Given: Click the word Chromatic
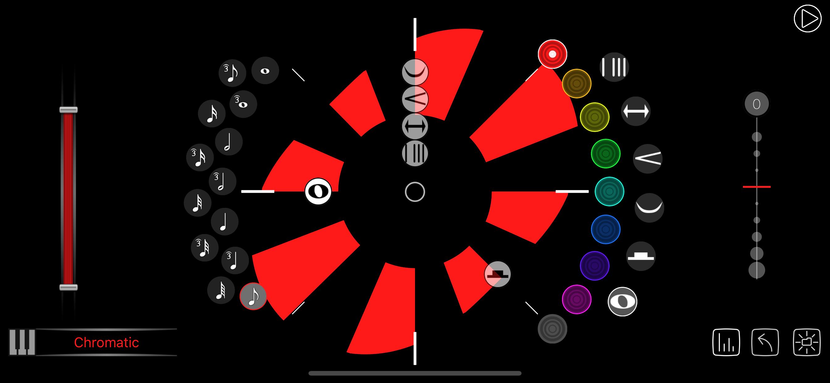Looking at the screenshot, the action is pyautogui.click(x=106, y=342).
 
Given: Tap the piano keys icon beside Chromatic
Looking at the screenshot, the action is pyautogui.click(x=22, y=342).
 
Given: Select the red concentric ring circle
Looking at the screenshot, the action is pyautogui.click(x=552, y=54).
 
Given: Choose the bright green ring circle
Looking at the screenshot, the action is pyautogui.click(x=606, y=154).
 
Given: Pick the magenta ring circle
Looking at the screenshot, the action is pyautogui.click(x=576, y=299).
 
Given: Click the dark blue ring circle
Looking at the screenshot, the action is pyautogui.click(x=606, y=229).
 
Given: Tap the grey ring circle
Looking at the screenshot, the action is pyautogui.click(x=552, y=329).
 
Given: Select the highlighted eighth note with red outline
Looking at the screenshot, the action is pyautogui.click(x=253, y=296).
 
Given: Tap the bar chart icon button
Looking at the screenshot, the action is pyautogui.click(x=726, y=342).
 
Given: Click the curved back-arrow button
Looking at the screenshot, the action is pyautogui.click(x=765, y=342).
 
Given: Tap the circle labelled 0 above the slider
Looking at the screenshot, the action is pyautogui.click(x=757, y=104).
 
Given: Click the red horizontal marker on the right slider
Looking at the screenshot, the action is pyautogui.click(x=757, y=187).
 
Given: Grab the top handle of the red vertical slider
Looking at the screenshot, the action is pyautogui.click(x=69, y=110).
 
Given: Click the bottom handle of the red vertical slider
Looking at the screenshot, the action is pyautogui.click(x=69, y=287).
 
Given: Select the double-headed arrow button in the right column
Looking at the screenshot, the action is pyautogui.click(x=636, y=111).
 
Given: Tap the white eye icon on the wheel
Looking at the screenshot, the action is pyautogui.click(x=318, y=191).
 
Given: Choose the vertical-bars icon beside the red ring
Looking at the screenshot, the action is pyautogui.click(x=614, y=67).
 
